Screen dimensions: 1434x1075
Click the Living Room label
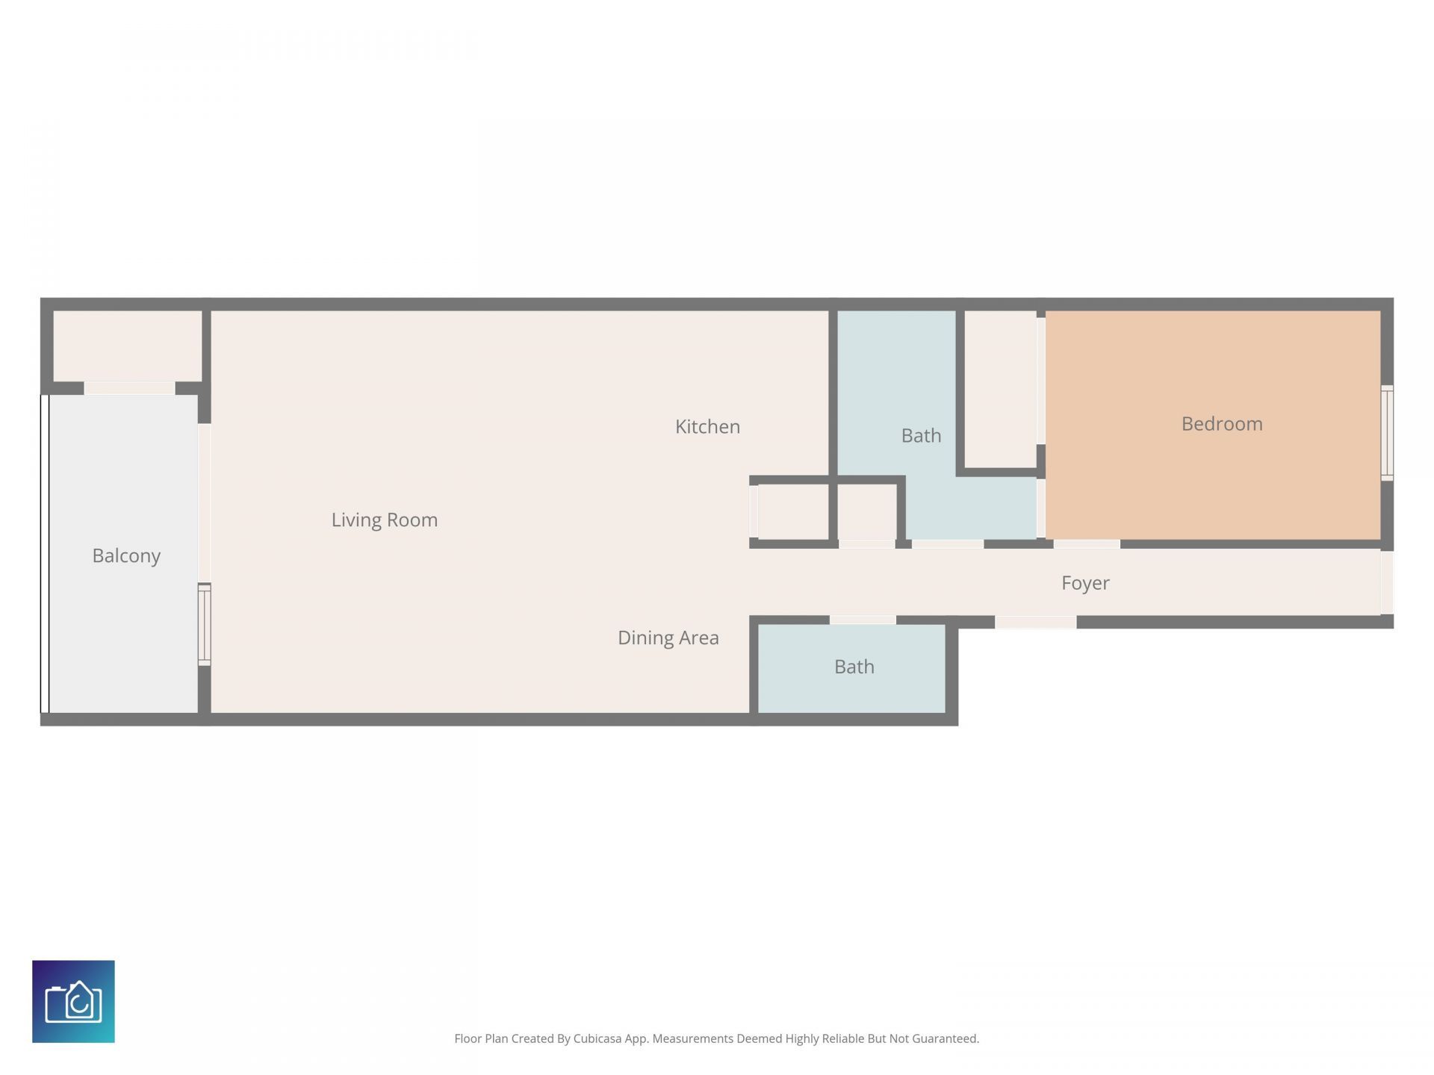[385, 520]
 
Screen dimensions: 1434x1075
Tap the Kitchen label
[707, 426]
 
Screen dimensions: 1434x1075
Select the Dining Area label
[668, 638]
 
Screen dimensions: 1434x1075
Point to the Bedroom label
[1222, 423]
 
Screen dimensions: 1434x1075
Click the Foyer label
[1085, 583]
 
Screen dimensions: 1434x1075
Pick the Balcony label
[126, 556]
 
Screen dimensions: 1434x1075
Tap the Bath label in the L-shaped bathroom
[921, 435]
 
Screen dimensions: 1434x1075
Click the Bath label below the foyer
[854, 667]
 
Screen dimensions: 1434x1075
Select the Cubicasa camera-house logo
[73, 1001]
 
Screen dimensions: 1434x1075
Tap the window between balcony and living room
[204, 624]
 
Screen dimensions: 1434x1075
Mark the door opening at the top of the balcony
[129, 388]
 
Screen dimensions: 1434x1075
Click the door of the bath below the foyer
[863, 620]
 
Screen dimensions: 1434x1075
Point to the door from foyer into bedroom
[1087, 544]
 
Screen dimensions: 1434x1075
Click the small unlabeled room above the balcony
[128, 346]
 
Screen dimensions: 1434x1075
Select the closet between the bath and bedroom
[1001, 389]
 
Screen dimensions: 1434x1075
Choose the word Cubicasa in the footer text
[597, 1038]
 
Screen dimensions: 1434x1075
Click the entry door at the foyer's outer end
[1387, 582]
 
